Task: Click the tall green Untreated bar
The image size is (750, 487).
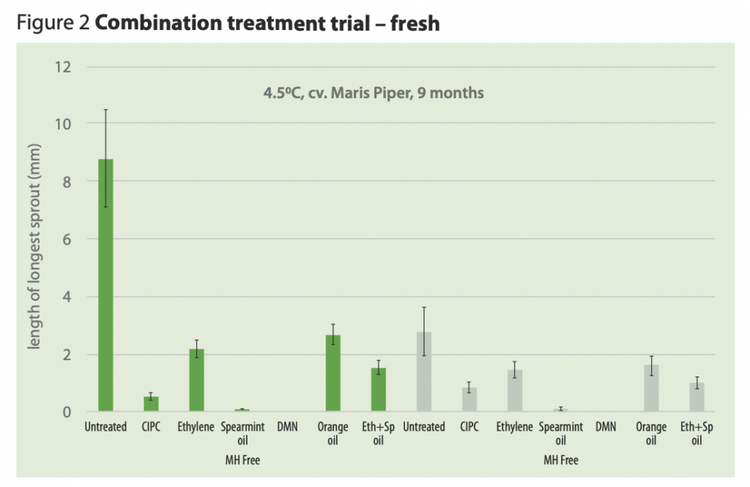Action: pyautogui.click(x=105, y=286)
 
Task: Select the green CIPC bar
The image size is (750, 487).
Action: pyautogui.click(x=151, y=404)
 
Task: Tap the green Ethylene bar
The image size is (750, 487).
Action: pyautogui.click(x=196, y=380)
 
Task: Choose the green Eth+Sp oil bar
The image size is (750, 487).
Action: pyautogui.click(x=378, y=390)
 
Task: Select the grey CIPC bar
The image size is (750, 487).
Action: pyautogui.click(x=469, y=400)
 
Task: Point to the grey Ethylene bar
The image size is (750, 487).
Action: pyautogui.click(x=514, y=391)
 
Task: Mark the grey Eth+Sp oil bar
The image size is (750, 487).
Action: pyautogui.click(x=697, y=397)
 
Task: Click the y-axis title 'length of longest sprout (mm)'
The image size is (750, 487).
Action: pyautogui.click(x=34, y=247)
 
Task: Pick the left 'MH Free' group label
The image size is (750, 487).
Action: pyautogui.click(x=242, y=460)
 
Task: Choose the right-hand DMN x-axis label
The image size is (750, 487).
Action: pyautogui.click(x=605, y=427)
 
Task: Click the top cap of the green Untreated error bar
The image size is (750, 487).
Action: pyautogui.click(x=105, y=110)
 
